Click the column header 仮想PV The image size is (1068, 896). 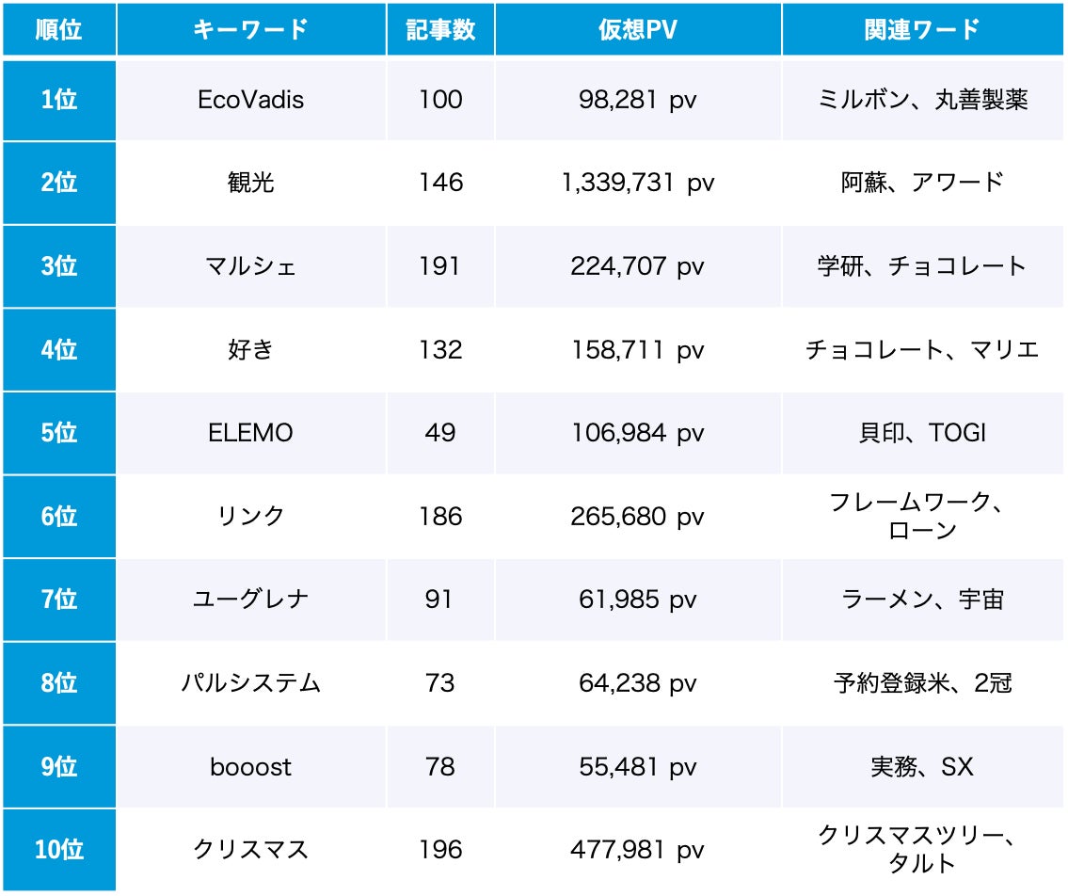(637, 29)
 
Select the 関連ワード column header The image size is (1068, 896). (922, 29)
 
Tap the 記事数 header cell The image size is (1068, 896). (440, 29)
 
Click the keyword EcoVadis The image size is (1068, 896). (251, 100)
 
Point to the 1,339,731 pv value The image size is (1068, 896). (637, 183)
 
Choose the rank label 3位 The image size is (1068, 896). (59, 266)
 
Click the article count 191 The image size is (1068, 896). (440, 266)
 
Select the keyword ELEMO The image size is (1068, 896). (251, 433)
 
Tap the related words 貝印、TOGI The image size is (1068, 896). (922, 433)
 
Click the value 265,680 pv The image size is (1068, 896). (637, 517)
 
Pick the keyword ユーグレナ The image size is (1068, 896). (251, 600)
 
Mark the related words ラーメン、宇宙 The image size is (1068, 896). (922, 600)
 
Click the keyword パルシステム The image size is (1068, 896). (251, 683)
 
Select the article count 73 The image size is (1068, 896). (440, 683)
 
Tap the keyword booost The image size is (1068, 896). (251, 767)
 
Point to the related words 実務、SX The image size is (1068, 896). (922, 767)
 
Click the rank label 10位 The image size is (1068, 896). (59, 851)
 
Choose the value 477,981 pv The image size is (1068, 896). (637, 851)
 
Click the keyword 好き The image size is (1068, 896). (251, 350)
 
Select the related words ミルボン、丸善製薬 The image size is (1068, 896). (922, 100)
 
